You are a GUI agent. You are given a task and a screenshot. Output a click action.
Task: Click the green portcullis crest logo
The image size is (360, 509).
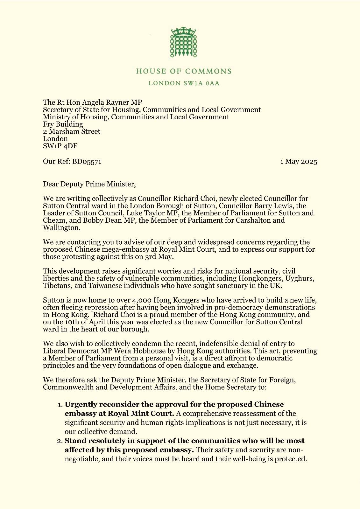point(183,42)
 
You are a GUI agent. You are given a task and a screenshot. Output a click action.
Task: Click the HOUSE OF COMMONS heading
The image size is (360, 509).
point(184,71)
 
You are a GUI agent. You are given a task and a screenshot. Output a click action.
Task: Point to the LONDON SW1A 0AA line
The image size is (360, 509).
point(184,83)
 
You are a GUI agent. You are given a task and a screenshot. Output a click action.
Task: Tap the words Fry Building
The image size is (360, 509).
point(63,124)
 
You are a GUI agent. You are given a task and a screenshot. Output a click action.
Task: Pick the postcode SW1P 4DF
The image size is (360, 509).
point(60,146)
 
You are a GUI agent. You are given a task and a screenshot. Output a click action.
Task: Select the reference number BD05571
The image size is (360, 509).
point(87,162)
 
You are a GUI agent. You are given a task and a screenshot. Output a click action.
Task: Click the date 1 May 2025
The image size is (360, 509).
point(298,162)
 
